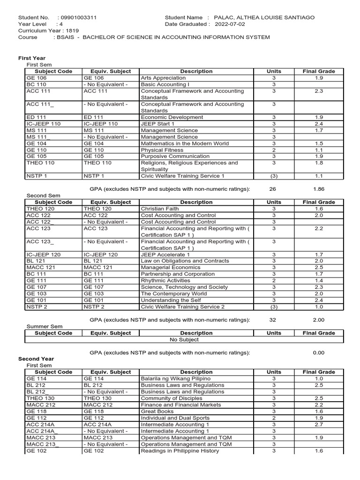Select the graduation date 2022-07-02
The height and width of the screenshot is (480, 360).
point(233,24)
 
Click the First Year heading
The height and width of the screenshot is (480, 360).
point(32,58)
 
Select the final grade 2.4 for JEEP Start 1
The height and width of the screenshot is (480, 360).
point(319,124)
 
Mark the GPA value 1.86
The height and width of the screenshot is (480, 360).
point(319,189)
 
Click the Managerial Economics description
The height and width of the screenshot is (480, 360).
point(170,267)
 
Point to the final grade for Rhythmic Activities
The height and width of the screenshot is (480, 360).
point(319,280)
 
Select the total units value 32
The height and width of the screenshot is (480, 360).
point(274,320)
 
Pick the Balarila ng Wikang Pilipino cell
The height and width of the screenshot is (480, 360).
point(175,378)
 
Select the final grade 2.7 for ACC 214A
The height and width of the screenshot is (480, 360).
point(319,424)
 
